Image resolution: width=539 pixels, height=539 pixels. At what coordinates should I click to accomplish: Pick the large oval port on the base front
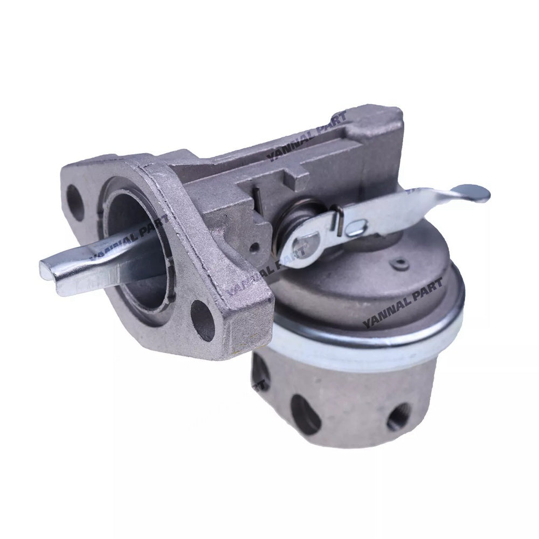click(x=305, y=413)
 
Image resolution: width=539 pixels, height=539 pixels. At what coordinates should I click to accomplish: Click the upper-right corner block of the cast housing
click(x=386, y=121)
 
